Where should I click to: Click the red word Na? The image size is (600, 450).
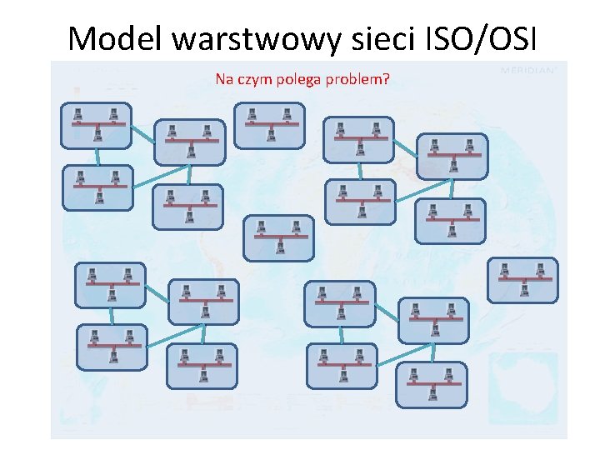(x=224, y=80)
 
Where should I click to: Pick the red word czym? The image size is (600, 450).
(x=254, y=80)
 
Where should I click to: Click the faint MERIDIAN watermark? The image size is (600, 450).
(x=528, y=71)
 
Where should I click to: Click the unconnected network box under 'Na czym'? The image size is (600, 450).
(x=269, y=125)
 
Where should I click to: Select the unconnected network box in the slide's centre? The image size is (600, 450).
(x=278, y=237)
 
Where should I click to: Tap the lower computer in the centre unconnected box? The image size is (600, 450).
(x=280, y=247)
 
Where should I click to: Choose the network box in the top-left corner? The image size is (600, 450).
(x=96, y=125)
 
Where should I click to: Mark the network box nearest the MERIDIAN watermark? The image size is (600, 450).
(x=452, y=157)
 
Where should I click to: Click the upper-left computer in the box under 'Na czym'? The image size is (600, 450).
(x=252, y=113)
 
